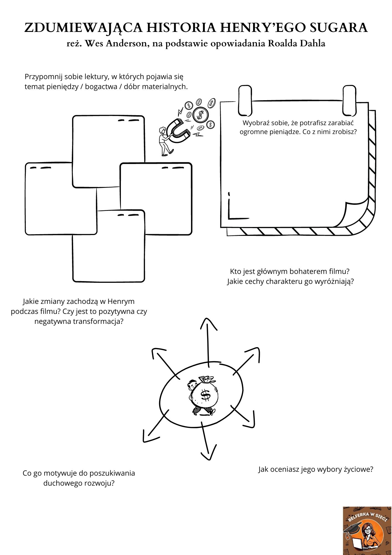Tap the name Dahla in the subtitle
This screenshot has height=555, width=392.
tap(312, 44)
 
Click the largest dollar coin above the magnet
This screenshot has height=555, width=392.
tap(200, 114)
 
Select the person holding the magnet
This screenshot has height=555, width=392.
tap(164, 141)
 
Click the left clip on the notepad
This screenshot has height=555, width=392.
tap(245, 100)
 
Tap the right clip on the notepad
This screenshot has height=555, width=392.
tap(349, 100)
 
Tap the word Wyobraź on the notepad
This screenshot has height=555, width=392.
tap(254, 123)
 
